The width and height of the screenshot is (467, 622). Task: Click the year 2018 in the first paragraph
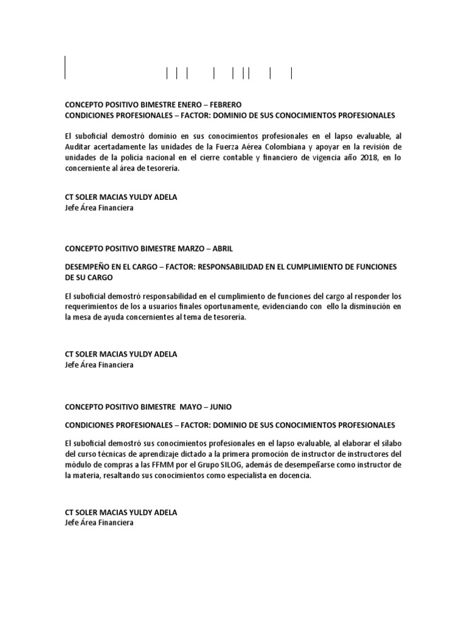pyautogui.click(x=351, y=157)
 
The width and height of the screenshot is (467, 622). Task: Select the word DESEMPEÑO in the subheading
pyautogui.click(x=89, y=267)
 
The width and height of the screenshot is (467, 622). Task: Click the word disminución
pyautogui.click(x=364, y=307)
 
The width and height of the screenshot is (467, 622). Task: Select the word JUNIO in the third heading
pyautogui.click(x=221, y=406)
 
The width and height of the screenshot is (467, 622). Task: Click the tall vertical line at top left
pyautogui.click(x=64, y=67)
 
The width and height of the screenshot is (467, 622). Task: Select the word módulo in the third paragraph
pyautogui.click(x=78, y=465)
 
